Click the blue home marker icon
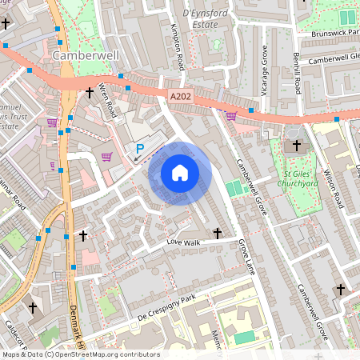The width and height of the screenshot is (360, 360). click(x=180, y=173)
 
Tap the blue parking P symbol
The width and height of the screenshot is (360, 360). click(x=140, y=148)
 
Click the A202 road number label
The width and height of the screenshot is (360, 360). click(x=182, y=96)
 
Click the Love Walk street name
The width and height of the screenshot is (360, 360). click(x=182, y=241)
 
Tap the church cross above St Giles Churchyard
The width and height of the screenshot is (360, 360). click(x=297, y=146)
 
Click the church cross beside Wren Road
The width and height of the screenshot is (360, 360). click(x=89, y=94)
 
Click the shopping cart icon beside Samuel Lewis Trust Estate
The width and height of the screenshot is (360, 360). click(x=52, y=122)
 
